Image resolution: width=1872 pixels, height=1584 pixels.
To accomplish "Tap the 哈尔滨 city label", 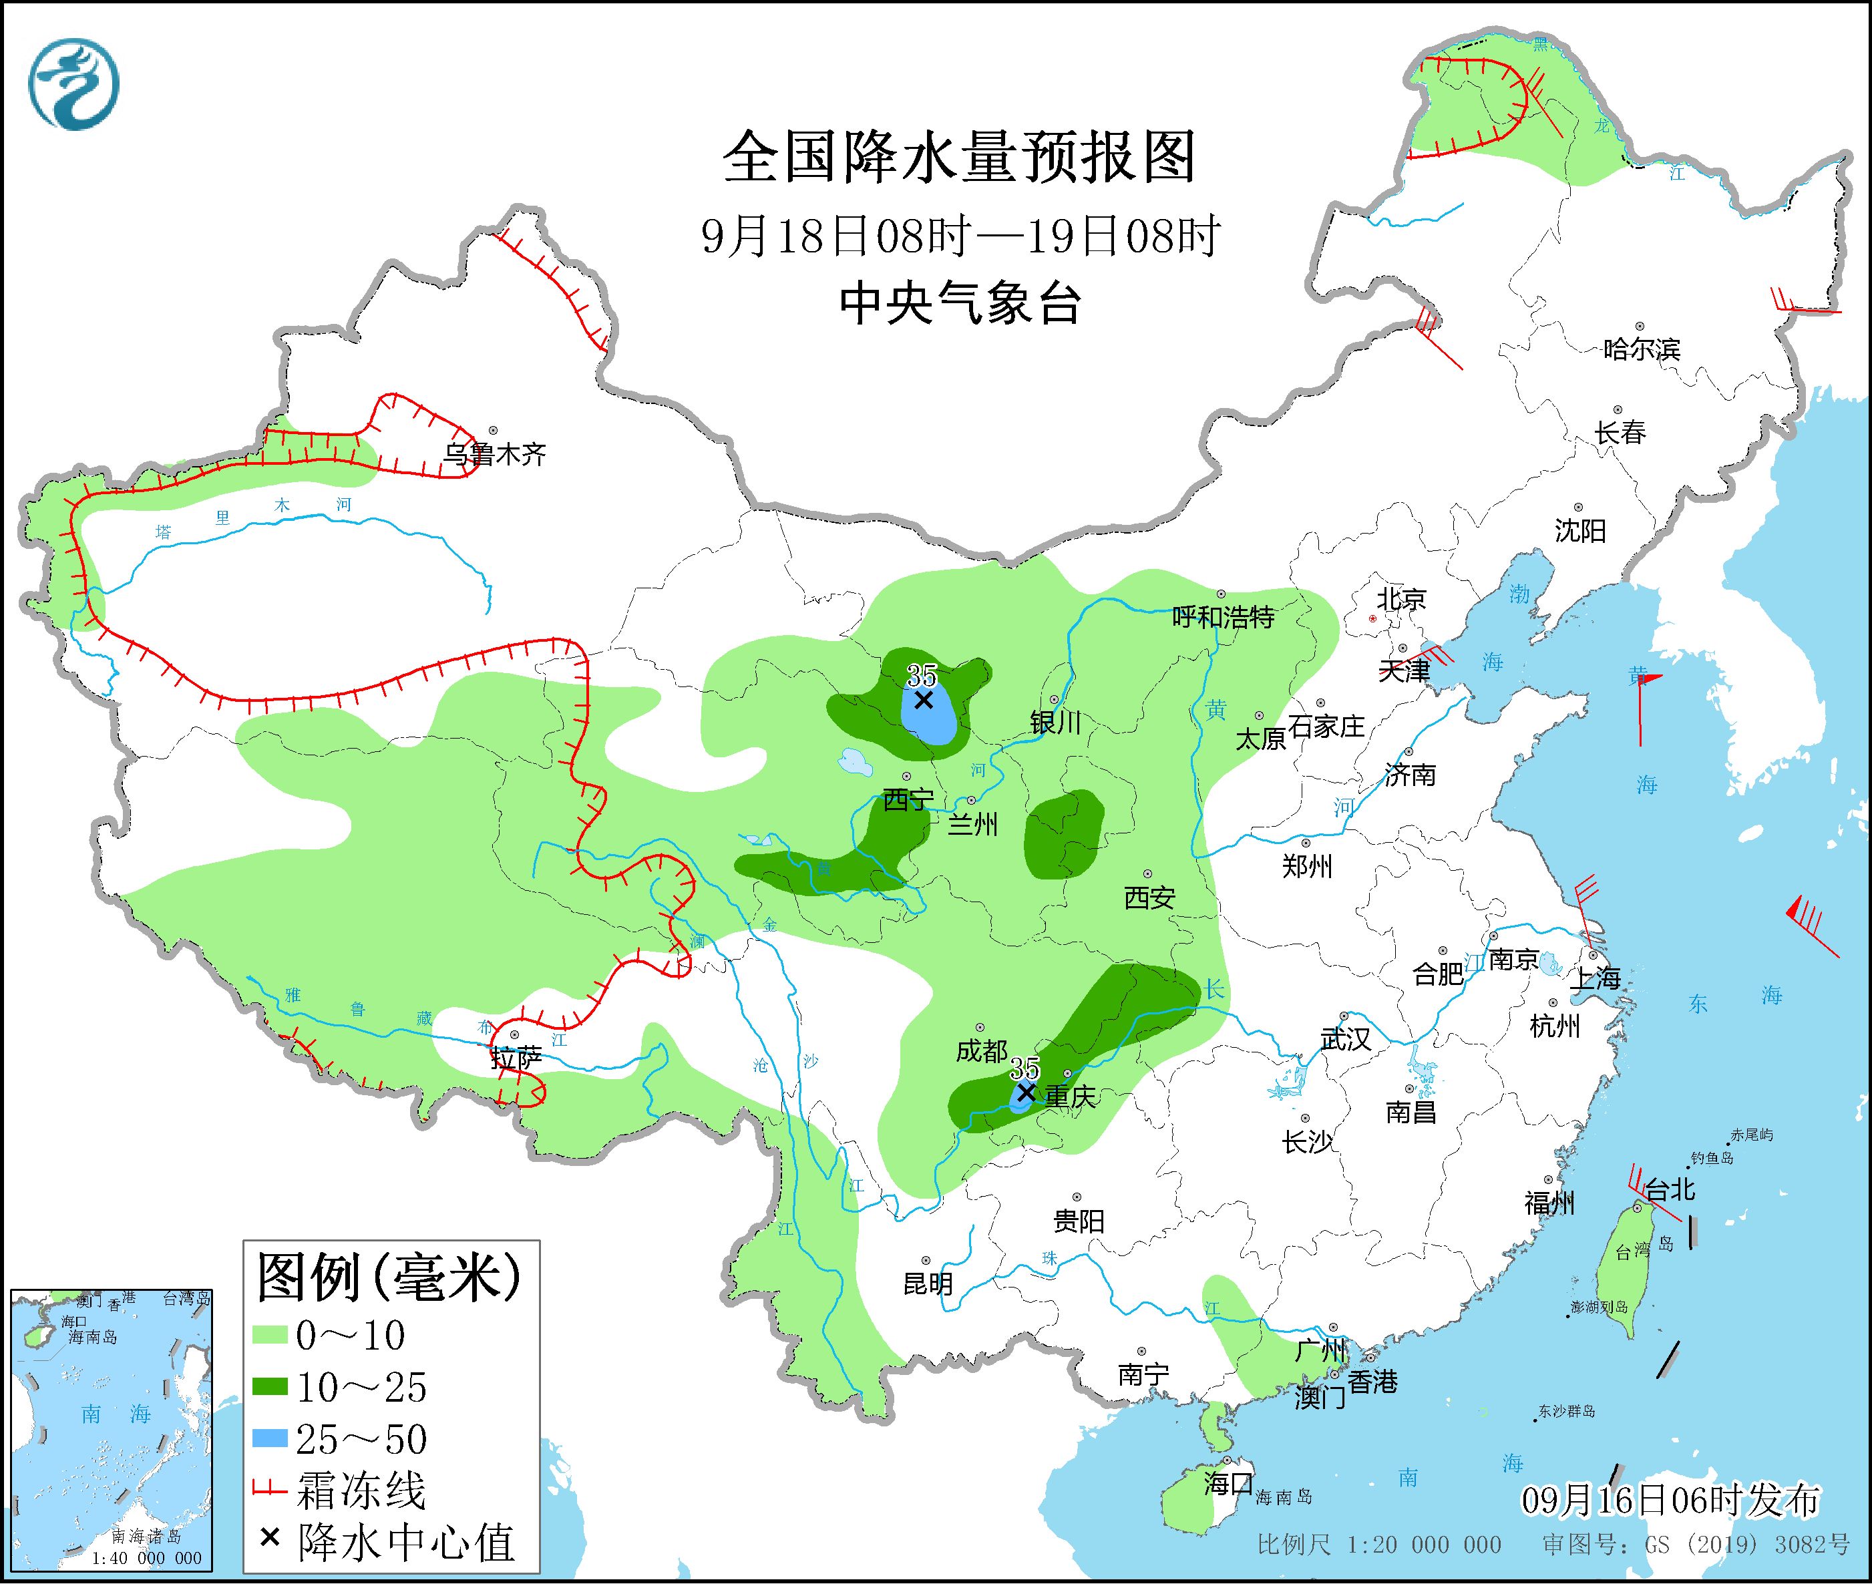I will tap(1641, 349).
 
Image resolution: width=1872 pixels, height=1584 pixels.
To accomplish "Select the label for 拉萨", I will tap(516, 1060).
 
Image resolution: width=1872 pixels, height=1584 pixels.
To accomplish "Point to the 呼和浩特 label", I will tap(1223, 617).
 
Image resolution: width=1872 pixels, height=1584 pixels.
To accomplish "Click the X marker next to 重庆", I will tap(1025, 1093).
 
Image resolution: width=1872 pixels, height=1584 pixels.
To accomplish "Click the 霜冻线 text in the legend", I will tap(361, 1491).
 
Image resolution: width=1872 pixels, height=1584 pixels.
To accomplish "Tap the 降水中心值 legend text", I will tap(406, 1542).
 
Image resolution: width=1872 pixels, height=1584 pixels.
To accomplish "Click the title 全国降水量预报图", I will tap(959, 157).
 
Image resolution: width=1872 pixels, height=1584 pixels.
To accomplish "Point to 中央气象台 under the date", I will tap(959, 303).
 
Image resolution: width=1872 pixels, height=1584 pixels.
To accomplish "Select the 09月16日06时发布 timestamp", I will tap(1670, 1500).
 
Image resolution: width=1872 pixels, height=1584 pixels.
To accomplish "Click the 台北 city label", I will tap(1670, 1191).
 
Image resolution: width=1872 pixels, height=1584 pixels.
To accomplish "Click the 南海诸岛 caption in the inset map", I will tap(146, 1537).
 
